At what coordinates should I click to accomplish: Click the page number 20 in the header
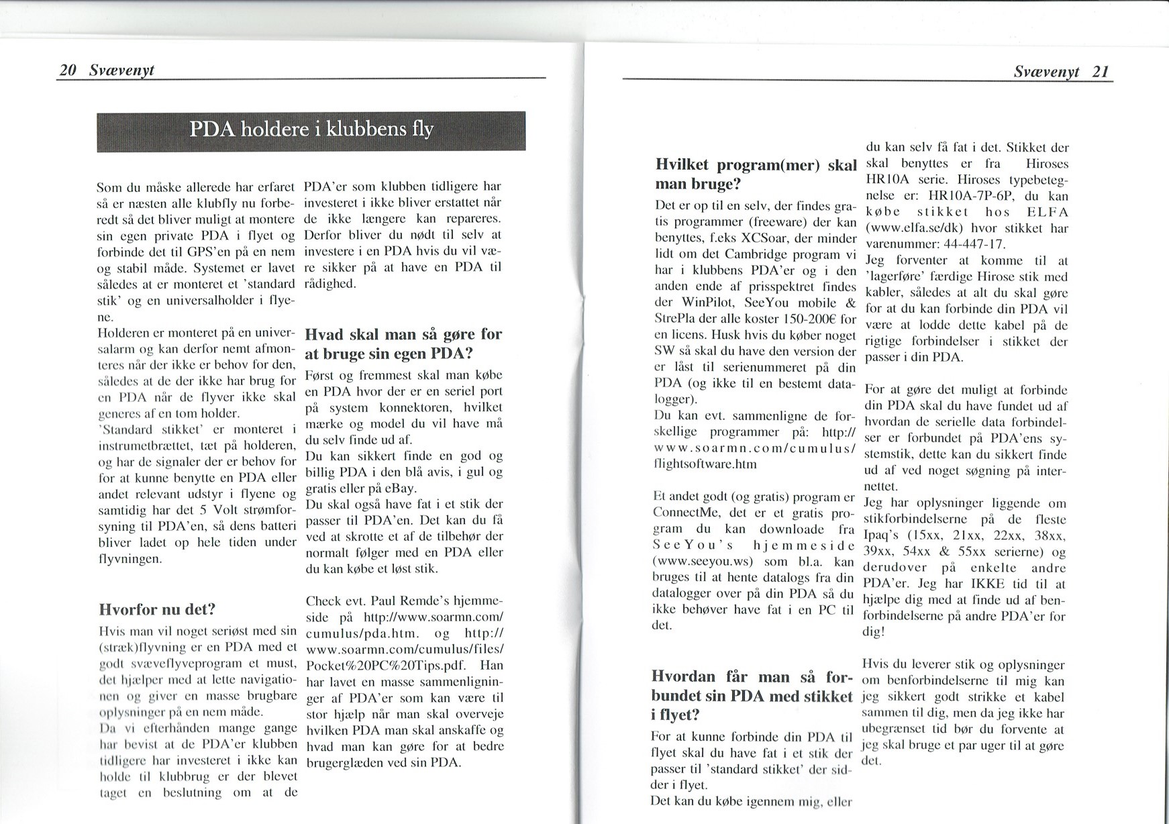67,70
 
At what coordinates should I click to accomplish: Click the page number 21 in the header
1101,72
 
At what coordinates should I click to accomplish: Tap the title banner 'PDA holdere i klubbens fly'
311,130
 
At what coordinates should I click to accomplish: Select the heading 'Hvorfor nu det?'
156,609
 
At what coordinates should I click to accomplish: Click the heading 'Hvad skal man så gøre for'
403,333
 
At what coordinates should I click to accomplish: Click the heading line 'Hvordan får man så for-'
752,676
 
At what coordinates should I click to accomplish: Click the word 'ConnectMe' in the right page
682,513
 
